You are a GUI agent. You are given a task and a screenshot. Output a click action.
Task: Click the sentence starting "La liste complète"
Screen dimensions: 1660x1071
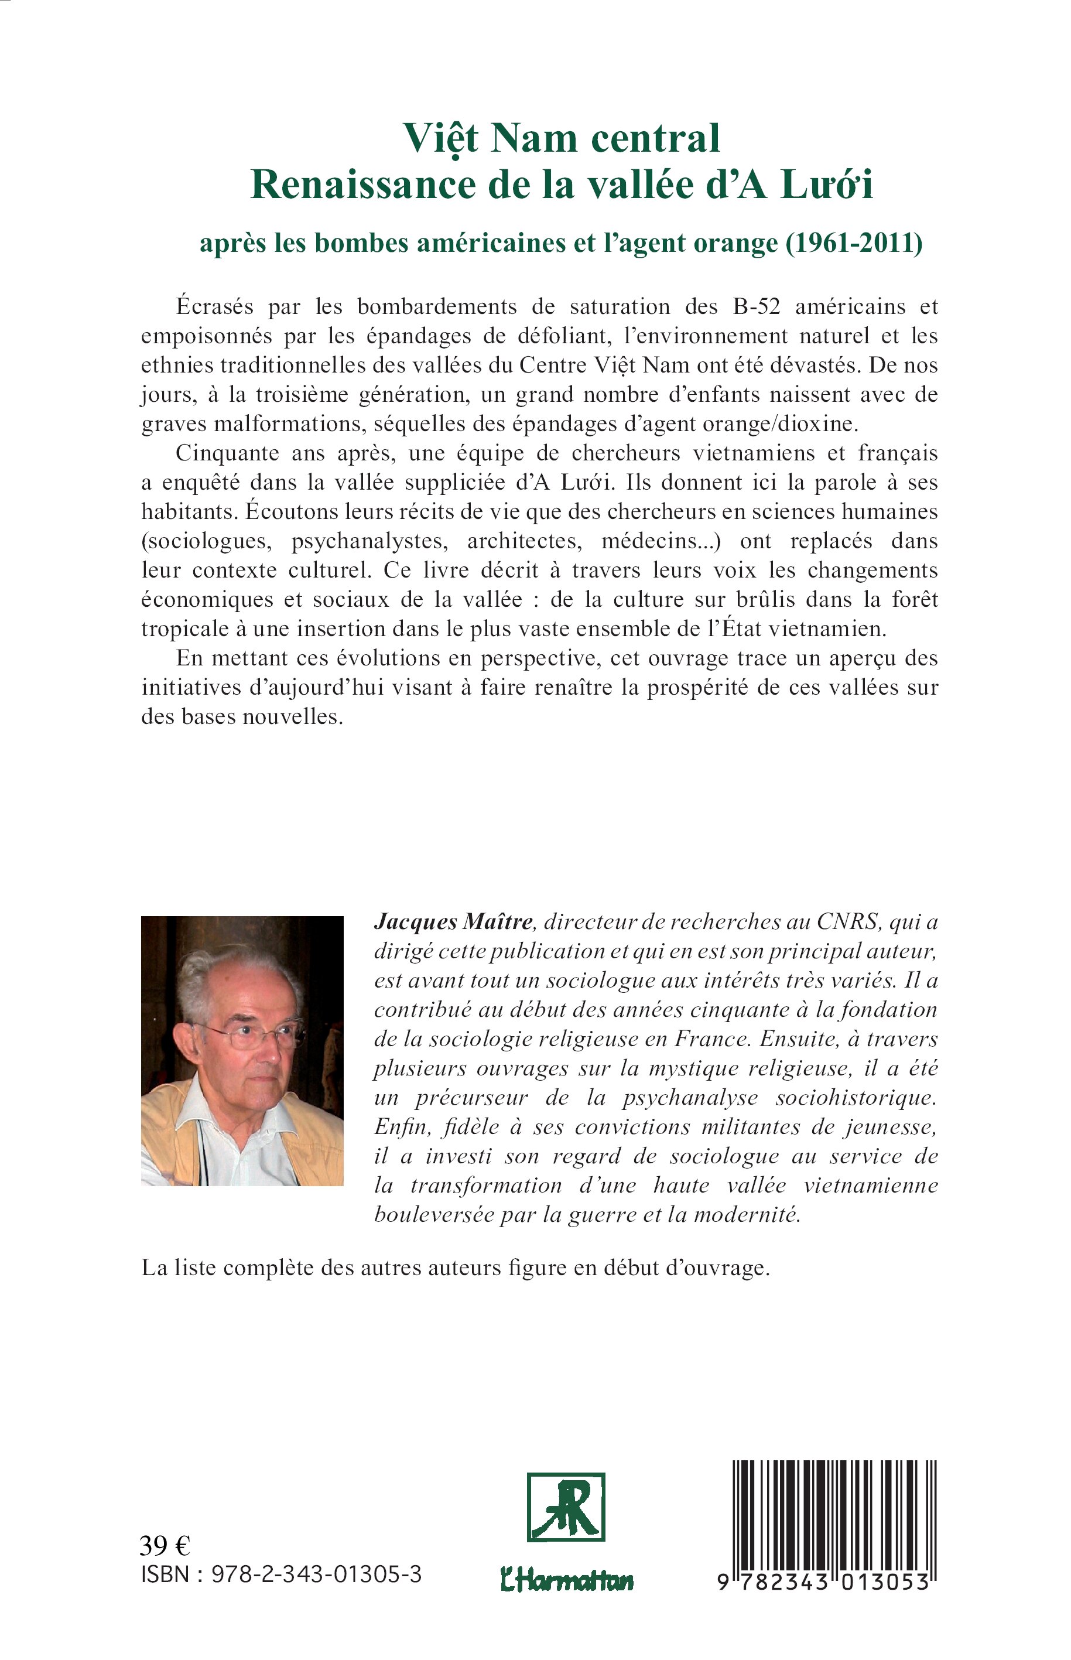point(456,1268)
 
